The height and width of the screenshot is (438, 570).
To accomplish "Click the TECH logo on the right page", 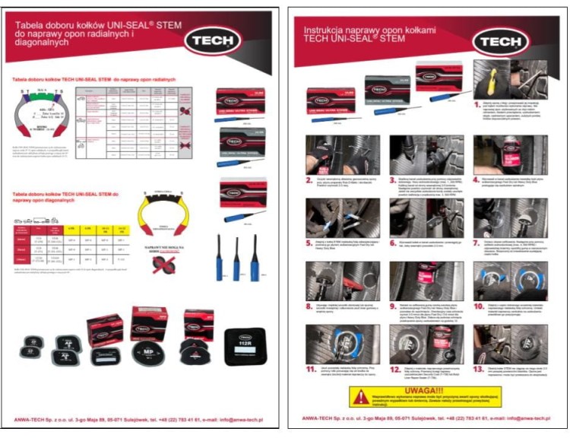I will click(x=499, y=40).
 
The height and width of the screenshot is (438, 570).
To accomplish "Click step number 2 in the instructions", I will click(x=309, y=179).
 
